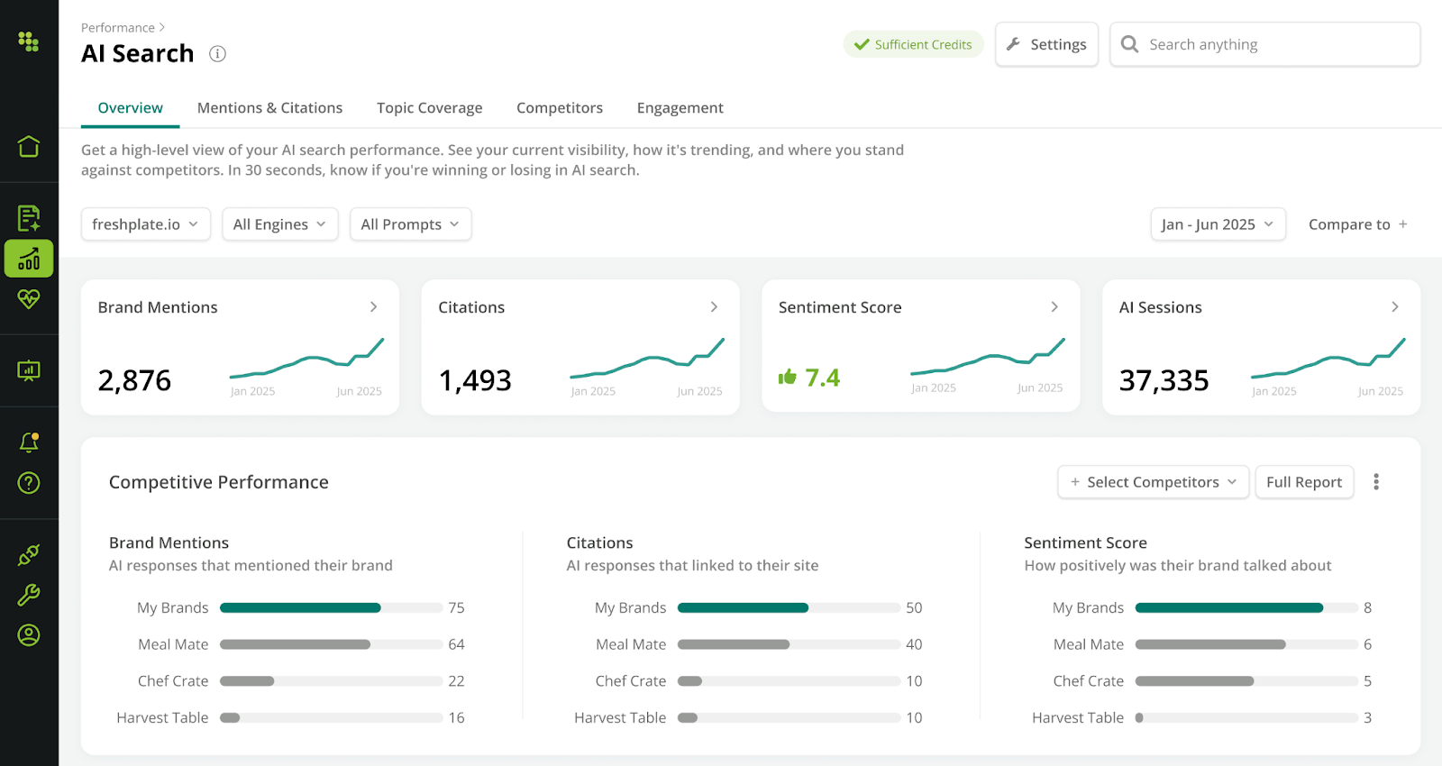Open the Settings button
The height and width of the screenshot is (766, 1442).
point(1046,44)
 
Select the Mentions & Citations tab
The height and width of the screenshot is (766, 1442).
point(269,108)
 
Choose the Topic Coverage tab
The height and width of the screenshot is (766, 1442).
point(429,108)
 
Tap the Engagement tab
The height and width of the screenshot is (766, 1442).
point(680,108)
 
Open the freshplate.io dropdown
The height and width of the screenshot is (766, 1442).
point(145,224)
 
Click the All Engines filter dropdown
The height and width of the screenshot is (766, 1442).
point(279,224)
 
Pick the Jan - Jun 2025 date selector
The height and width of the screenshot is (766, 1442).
point(1217,224)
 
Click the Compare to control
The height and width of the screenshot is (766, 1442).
point(1357,224)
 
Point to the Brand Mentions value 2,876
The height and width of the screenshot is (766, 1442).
point(134,380)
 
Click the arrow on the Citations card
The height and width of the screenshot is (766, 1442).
point(714,307)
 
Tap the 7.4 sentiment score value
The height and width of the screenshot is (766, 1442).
point(821,378)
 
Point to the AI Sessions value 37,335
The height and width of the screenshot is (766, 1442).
point(1164,380)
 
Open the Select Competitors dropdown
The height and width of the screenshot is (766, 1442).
point(1153,482)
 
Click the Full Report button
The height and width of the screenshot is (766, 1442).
point(1303,482)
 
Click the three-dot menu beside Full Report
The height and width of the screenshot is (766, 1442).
point(1375,482)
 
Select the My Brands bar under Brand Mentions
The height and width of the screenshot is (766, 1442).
point(300,608)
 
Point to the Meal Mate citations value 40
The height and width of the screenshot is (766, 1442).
point(914,644)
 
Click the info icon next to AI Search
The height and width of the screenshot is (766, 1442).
point(217,54)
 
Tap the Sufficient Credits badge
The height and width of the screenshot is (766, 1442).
point(913,44)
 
